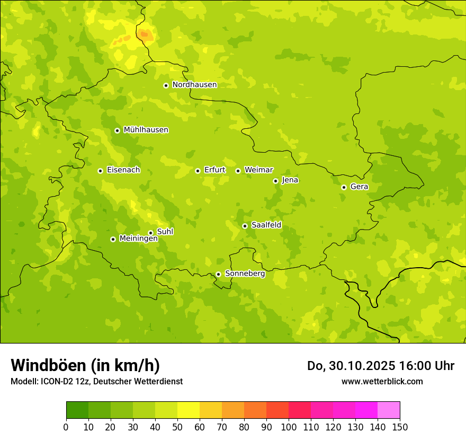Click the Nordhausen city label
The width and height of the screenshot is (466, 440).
[194, 85]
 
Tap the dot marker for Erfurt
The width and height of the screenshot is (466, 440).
[198, 171]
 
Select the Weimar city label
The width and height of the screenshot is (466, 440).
[258, 170]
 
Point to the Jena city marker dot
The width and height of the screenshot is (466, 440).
[275, 181]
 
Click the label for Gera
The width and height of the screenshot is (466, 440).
[359, 187]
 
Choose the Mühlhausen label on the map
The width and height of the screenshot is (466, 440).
[146, 130]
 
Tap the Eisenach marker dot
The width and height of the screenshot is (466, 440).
[100, 171]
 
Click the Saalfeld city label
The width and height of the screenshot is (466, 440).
[266, 225]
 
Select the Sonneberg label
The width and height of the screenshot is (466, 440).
[245, 274]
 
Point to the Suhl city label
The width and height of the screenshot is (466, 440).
[165, 232]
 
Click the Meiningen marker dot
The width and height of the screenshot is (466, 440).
[113, 239]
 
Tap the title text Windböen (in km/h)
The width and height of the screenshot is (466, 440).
[85, 365]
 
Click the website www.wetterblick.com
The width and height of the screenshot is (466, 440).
[382, 381]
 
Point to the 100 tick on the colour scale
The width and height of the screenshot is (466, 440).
[289, 427]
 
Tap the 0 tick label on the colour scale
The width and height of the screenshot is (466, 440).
[66, 427]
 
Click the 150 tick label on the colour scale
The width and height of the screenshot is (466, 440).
[400, 427]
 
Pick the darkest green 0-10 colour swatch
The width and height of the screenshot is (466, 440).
[77, 410]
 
